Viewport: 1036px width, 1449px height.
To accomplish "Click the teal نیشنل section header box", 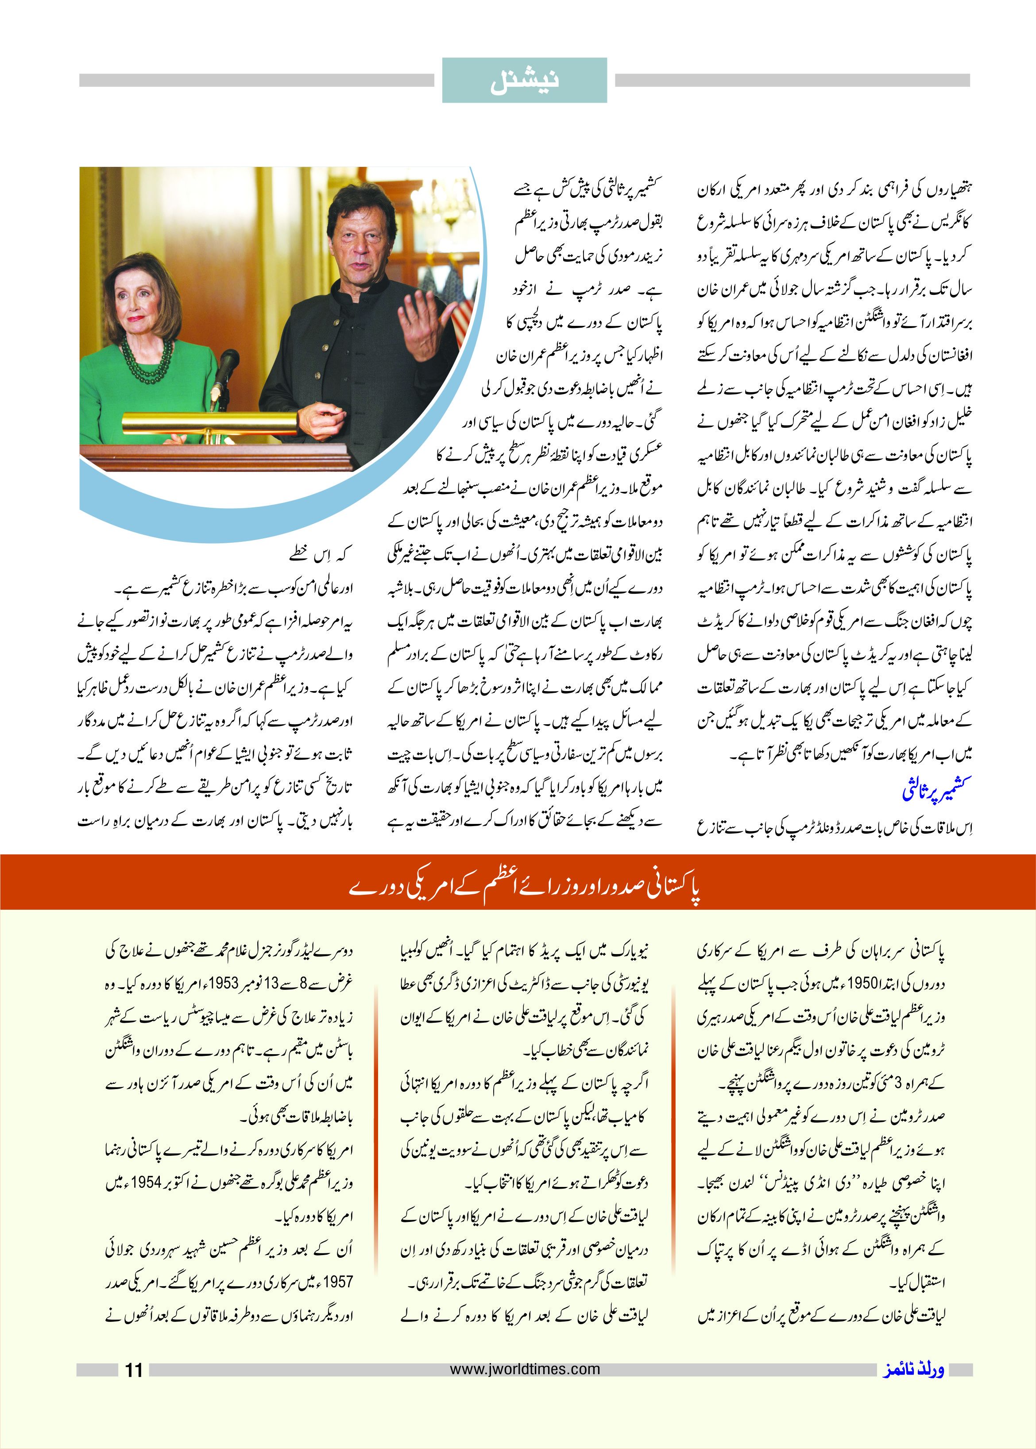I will tap(524, 81).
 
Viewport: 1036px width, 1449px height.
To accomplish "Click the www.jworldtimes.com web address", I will tap(524, 1368).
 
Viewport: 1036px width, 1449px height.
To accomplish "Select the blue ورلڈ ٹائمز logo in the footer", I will tap(913, 1369).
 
